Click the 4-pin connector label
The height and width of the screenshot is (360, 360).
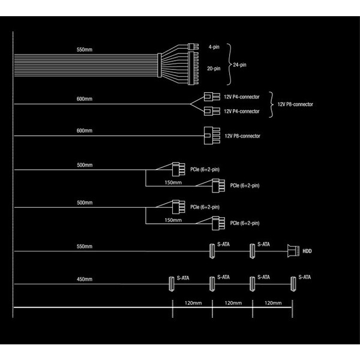214,47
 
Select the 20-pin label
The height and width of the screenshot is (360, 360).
214,68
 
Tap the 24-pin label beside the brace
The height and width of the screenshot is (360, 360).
239,65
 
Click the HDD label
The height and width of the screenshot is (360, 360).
307,251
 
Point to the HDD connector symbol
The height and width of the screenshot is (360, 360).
293,251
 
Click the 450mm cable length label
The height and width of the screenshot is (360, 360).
85,279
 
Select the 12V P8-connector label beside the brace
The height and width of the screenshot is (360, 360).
295,104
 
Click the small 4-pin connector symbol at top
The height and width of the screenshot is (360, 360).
193,47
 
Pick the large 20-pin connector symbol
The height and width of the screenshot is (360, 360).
193,68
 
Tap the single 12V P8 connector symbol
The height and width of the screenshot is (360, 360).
212,136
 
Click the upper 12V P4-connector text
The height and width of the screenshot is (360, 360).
242,97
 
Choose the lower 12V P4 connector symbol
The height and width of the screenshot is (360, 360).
212,111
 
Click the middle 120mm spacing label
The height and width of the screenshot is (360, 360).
233,303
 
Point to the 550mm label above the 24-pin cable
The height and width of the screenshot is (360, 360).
85,49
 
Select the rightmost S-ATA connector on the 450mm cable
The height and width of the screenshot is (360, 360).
293,284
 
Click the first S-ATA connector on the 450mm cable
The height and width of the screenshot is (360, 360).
171,284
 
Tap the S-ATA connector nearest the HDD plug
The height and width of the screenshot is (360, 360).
252,251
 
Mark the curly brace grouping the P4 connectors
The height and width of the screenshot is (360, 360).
272,104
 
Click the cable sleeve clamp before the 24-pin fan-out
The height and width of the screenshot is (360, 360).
160,65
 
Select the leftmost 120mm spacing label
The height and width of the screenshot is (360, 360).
193,303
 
